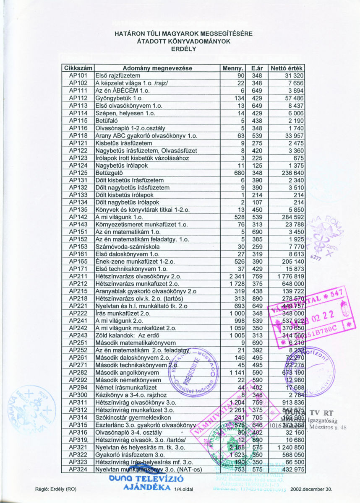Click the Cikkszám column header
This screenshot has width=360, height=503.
click(78, 68)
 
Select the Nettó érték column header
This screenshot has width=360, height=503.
click(287, 68)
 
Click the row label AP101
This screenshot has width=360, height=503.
click(78, 75)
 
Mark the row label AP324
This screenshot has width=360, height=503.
click(78, 469)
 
